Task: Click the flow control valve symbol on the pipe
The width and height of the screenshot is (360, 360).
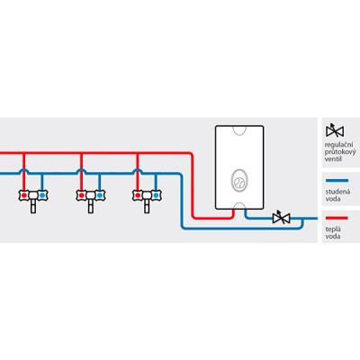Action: click(x=281, y=218)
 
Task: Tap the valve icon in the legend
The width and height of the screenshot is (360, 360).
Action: click(x=335, y=130)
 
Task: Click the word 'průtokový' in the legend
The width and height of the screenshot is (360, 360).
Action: click(x=340, y=152)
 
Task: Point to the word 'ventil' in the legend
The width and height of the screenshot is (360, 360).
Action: click(x=333, y=159)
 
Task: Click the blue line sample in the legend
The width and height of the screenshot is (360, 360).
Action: click(x=337, y=181)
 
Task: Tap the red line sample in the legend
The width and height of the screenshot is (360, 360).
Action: click(x=337, y=218)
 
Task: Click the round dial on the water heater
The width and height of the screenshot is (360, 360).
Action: click(x=239, y=182)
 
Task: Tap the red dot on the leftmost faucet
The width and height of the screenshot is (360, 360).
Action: click(x=24, y=195)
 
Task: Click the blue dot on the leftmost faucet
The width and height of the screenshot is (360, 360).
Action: click(x=42, y=195)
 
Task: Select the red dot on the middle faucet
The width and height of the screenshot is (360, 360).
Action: click(x=81, y=195)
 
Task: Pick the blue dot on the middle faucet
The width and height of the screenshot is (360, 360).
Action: click(x=99, y=195)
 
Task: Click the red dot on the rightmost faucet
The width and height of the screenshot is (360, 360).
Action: click(x=138, y=195)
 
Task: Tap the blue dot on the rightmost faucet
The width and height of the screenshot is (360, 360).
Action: click(x=156, y=195)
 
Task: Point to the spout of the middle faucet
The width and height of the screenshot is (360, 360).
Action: click(x=90, y=206)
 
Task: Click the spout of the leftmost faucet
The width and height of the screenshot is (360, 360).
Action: click(x=33, y=206)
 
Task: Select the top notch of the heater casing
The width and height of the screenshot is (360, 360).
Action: click(x=239, y=130)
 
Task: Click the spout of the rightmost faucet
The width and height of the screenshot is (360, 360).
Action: click(x=147, y=206)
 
